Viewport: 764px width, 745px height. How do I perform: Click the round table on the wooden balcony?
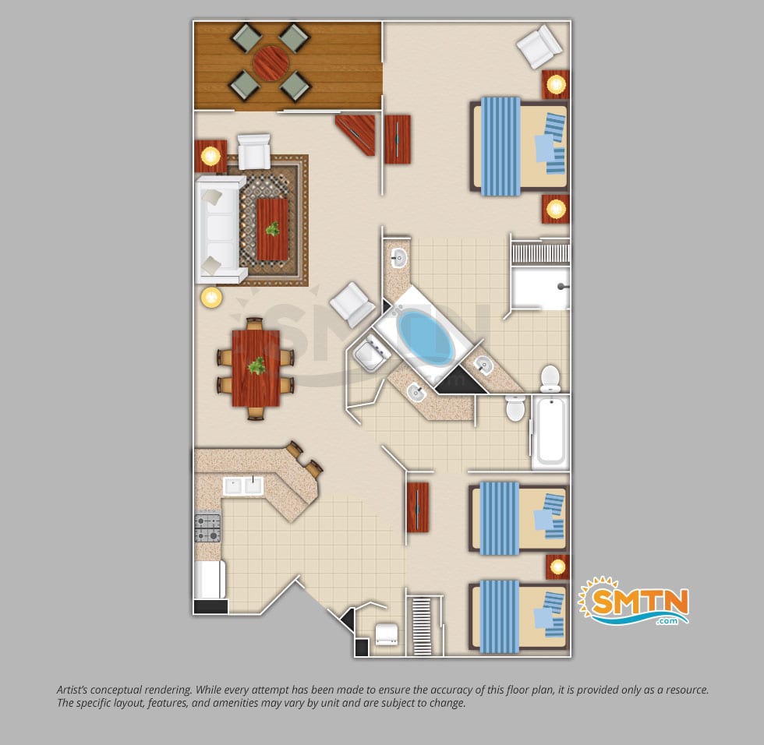(x=271, y=63)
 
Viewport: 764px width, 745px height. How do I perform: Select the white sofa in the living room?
(x=219, y=230)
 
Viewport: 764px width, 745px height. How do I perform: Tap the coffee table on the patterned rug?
(x=272, y=229)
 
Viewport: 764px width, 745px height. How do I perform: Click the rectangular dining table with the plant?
(x=256, y=368)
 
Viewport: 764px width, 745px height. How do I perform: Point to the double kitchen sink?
(x=243, y=485)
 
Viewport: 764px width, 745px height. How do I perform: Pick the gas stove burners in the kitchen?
(x=207, y=528)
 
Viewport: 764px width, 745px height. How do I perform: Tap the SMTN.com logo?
(x=633, y=602)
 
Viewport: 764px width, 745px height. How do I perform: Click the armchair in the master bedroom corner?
(x=539, y=46)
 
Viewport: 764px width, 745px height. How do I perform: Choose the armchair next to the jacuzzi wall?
(x=352, y=305)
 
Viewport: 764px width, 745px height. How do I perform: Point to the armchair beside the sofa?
(x=254, y=151)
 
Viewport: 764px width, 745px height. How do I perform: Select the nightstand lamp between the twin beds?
(x=557, y=567)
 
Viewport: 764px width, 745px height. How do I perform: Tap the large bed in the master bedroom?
(x=519, y=147)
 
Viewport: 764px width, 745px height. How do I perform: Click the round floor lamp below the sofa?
(x=211, y=297)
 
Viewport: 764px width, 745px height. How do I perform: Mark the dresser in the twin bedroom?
(x=418, y=507)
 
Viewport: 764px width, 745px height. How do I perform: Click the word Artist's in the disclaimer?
(x=72, y=690)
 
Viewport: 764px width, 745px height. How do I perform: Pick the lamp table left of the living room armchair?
(x=211, y=157)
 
